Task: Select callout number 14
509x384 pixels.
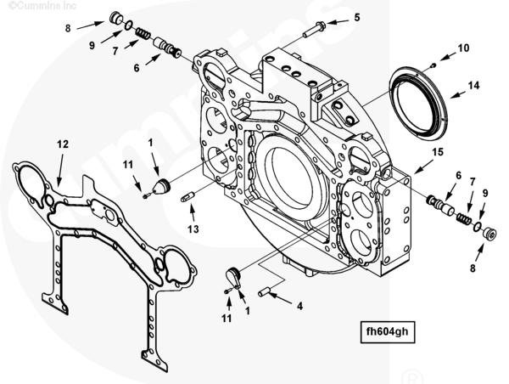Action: click(473, 85)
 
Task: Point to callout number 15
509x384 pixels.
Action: click(438, 152)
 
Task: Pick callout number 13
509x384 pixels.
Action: click(193, 229)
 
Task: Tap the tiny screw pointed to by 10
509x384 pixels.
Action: click(433, 65)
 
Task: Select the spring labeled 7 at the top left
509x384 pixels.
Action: click(143, 35)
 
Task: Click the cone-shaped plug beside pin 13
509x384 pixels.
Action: click(162, 186)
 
